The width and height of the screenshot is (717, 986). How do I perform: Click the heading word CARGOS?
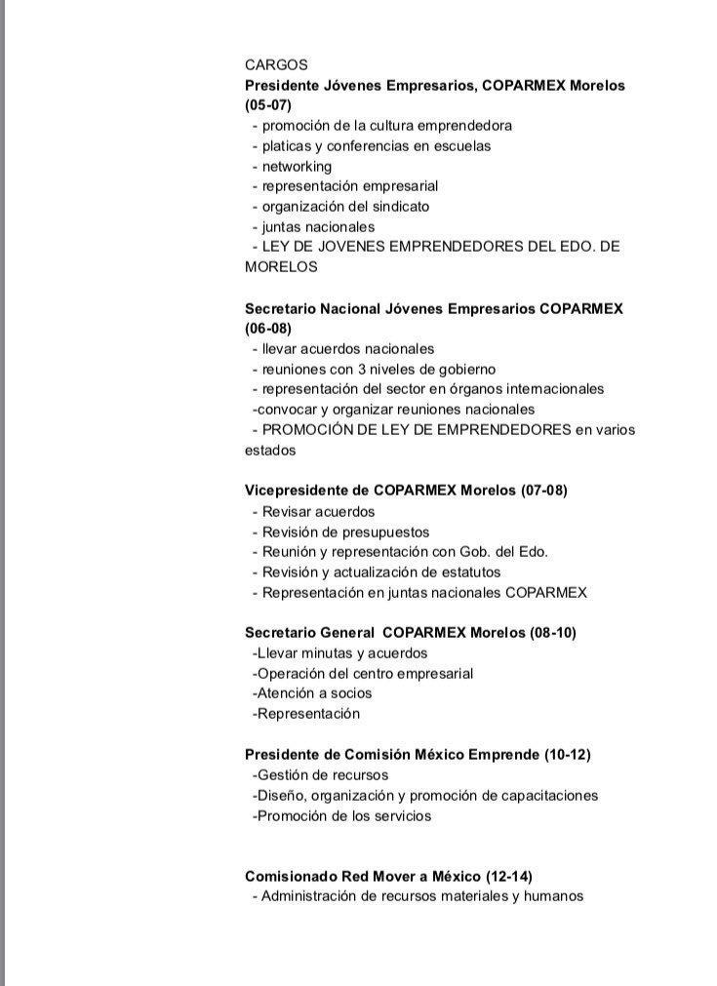[276, 65]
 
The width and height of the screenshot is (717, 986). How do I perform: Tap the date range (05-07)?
[268, 105]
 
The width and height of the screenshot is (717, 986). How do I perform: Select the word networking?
[297, 166]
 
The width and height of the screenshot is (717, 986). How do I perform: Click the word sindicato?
[399, 206]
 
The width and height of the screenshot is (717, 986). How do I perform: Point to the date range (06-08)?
[268, 329]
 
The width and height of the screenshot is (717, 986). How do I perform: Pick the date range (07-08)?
[544, 490]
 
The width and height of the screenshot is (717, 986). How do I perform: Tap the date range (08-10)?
[553, 632]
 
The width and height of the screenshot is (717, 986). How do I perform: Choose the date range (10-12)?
[567, 754]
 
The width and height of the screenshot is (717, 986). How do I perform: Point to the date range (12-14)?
[509, 876]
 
